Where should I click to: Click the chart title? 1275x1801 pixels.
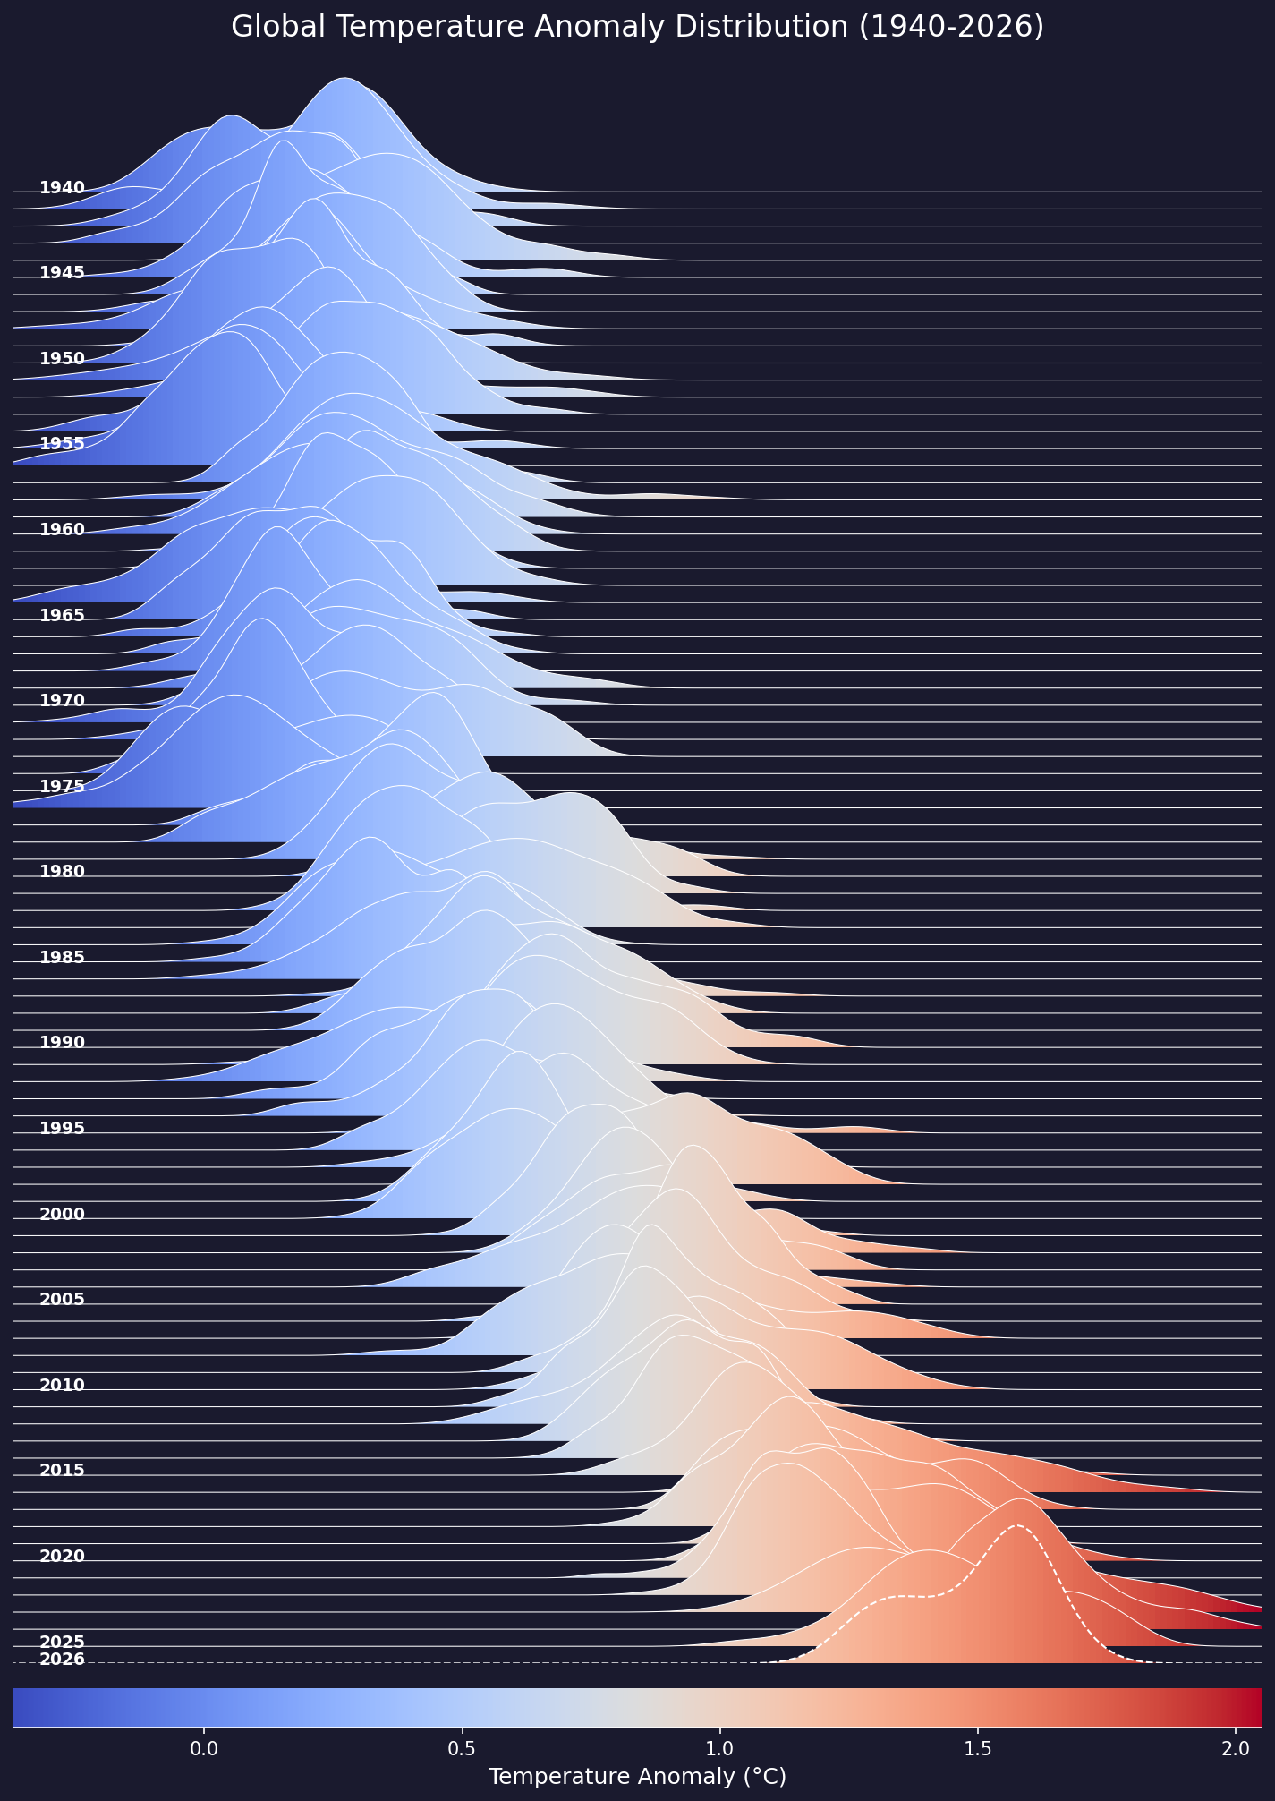(637, 28)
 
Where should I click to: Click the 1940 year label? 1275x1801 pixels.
(62, 188)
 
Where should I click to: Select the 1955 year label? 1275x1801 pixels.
(62, 444)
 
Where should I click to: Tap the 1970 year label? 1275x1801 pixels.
(62, 700)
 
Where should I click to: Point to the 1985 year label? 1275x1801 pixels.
(62, 957)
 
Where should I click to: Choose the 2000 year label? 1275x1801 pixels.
(62, 1214)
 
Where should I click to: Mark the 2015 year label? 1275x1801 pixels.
(62, 1470)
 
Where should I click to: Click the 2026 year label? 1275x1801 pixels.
(62, 1659)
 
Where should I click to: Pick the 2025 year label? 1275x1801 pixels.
(62, 1642)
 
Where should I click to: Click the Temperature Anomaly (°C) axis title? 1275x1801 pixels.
(637, 1776)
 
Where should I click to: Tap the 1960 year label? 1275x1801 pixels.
(62, 529)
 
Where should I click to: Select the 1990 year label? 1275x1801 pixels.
(62, 1042)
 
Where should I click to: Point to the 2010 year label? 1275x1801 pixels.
(62, 1385)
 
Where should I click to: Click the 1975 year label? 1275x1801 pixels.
(62, 786)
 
